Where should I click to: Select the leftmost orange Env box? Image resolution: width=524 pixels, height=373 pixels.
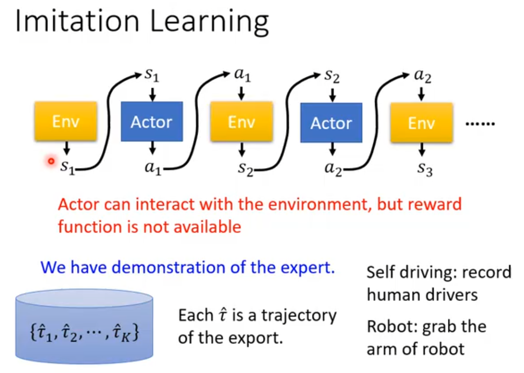[x=65, y=121]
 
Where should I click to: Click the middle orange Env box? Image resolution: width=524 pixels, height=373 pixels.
[x=241, y=122]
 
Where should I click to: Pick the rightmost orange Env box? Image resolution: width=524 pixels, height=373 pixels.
[x=421, y=123]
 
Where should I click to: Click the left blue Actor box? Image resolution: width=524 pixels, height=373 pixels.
[x=152, y=122]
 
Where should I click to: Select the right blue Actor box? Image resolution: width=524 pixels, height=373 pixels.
[x=331, y=123]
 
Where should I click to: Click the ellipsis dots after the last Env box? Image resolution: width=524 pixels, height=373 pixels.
[x=480, y=124]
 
